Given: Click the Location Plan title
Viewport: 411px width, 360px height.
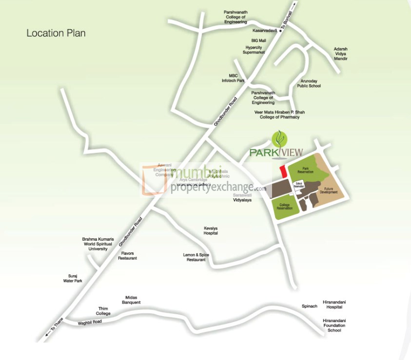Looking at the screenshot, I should pos(56,33).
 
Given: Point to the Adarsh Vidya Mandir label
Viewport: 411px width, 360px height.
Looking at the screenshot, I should pos(340,54).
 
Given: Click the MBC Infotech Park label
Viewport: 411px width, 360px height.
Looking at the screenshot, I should pos(233,78).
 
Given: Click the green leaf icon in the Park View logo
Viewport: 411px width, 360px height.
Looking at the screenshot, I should pos(278,139).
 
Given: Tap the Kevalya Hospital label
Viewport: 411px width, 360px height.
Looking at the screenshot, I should pos(211,230).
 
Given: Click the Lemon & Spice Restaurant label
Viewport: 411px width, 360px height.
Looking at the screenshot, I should pos(196,257).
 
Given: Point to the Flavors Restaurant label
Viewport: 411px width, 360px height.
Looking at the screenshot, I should pos(127,255).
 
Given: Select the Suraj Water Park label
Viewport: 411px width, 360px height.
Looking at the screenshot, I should pos(71,278).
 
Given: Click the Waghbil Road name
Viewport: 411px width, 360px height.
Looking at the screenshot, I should pos(90,322).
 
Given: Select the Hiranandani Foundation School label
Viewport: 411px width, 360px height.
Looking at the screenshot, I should pos(334,325).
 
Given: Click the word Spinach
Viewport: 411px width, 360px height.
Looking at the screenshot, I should pos(310,306).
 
